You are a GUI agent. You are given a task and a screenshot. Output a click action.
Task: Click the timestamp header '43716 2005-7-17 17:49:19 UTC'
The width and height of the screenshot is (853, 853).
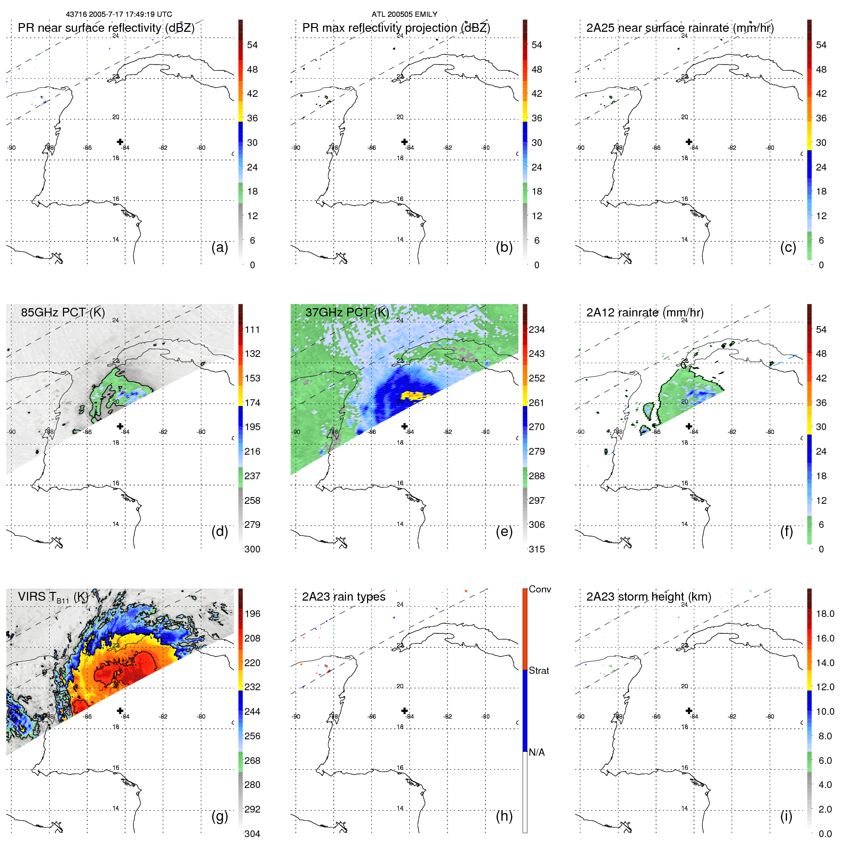[118, 14]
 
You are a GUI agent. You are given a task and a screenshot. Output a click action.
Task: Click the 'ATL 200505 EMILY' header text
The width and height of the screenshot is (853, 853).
[404, 14]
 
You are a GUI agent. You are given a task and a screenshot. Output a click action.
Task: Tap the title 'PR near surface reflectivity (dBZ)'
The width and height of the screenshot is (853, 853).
[106, 28]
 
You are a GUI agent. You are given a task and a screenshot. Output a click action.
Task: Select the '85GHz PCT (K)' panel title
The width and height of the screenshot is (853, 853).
[63, 312]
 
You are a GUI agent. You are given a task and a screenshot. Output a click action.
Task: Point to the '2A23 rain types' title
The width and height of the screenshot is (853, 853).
[343, 597]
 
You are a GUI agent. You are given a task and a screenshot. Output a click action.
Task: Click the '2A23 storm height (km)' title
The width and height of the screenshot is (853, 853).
[649, 597]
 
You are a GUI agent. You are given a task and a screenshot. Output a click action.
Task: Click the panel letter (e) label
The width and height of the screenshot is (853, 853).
[504, 531]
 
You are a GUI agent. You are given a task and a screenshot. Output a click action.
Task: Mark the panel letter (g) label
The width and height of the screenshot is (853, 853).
[220, 816]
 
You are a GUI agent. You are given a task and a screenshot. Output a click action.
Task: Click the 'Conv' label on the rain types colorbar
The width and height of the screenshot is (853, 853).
[539, 589]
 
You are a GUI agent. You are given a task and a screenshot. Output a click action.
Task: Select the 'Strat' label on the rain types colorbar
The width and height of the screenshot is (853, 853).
[538, 670]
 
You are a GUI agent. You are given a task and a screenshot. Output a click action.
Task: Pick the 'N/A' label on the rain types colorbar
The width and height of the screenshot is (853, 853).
[537, 752]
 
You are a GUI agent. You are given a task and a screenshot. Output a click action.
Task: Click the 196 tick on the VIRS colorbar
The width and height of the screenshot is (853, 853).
[252, 614]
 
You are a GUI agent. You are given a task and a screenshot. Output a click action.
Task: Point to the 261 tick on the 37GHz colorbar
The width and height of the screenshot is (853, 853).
[537, 403]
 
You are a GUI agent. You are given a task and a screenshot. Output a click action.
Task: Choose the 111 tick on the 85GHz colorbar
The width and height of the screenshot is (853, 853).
[252, 329]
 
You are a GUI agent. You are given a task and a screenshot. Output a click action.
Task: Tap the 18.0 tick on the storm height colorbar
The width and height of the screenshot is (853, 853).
[825, 614]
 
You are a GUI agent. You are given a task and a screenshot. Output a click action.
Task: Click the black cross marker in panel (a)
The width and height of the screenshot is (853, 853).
[120, 142]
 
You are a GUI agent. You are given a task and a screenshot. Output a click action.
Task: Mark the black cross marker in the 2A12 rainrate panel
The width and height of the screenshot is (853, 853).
[689, 426]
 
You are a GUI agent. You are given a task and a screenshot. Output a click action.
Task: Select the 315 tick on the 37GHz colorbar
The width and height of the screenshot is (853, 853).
[537, 549]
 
